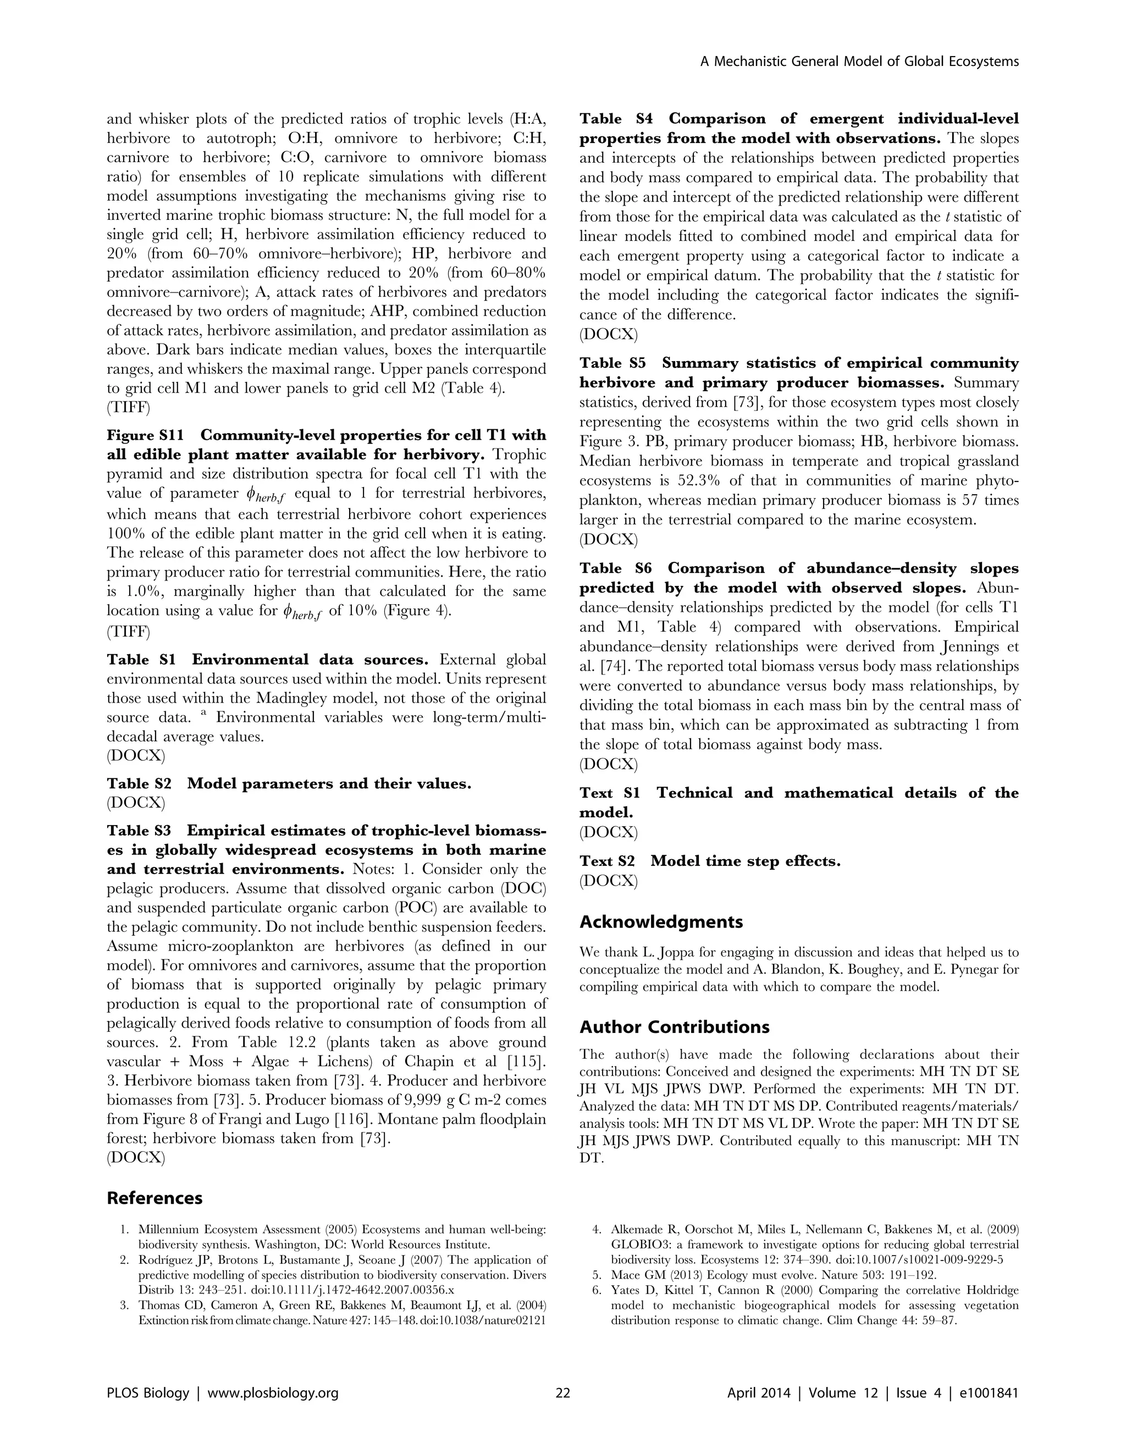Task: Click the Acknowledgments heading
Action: pos(660,922)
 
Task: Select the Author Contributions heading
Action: pos(674,1027)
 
